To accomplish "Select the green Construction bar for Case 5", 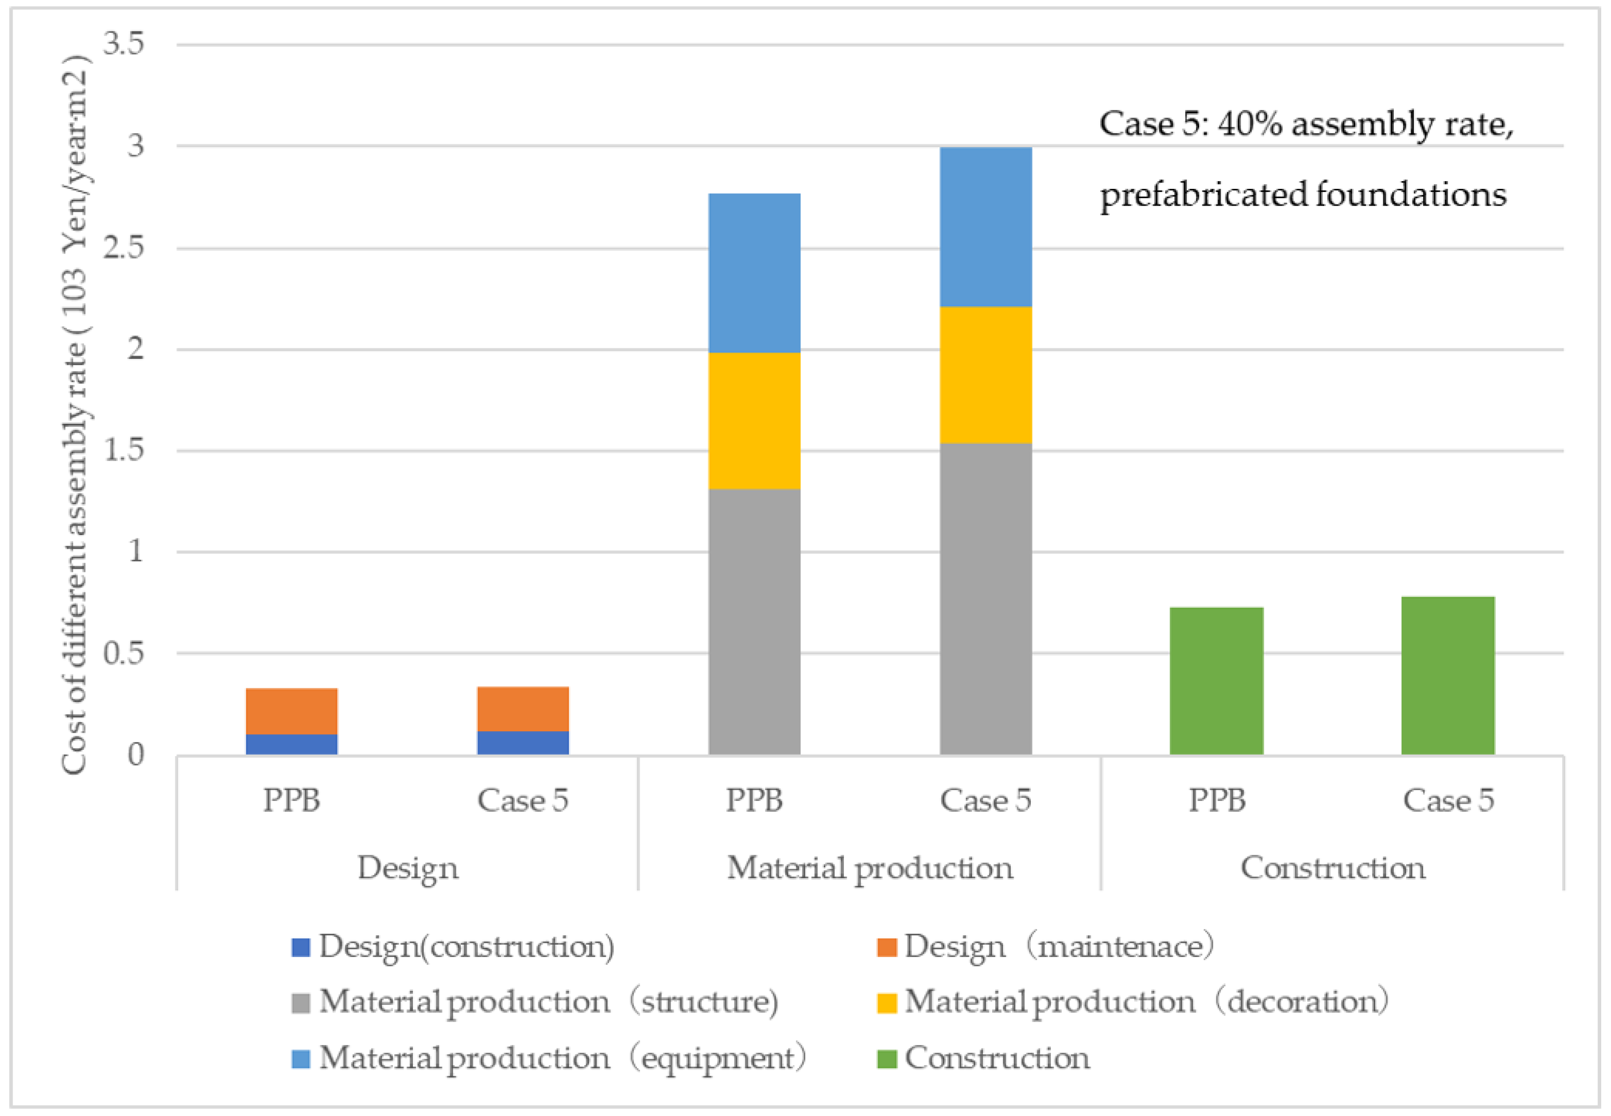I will [1448, 675].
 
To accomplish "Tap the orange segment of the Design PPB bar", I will [292, 711].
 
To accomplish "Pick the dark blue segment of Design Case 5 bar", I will [523, 743].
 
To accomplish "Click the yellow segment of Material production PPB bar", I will [754, 420].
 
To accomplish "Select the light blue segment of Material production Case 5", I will [985, 227].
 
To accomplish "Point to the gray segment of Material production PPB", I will [754, 622].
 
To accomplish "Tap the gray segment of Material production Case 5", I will [985, 599].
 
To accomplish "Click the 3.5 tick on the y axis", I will [124, 44].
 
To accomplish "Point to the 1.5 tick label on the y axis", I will [124, 450].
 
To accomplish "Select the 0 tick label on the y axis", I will [136, 754].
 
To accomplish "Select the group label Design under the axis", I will [408, 868].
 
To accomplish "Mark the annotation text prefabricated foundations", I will [1303, 194].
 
